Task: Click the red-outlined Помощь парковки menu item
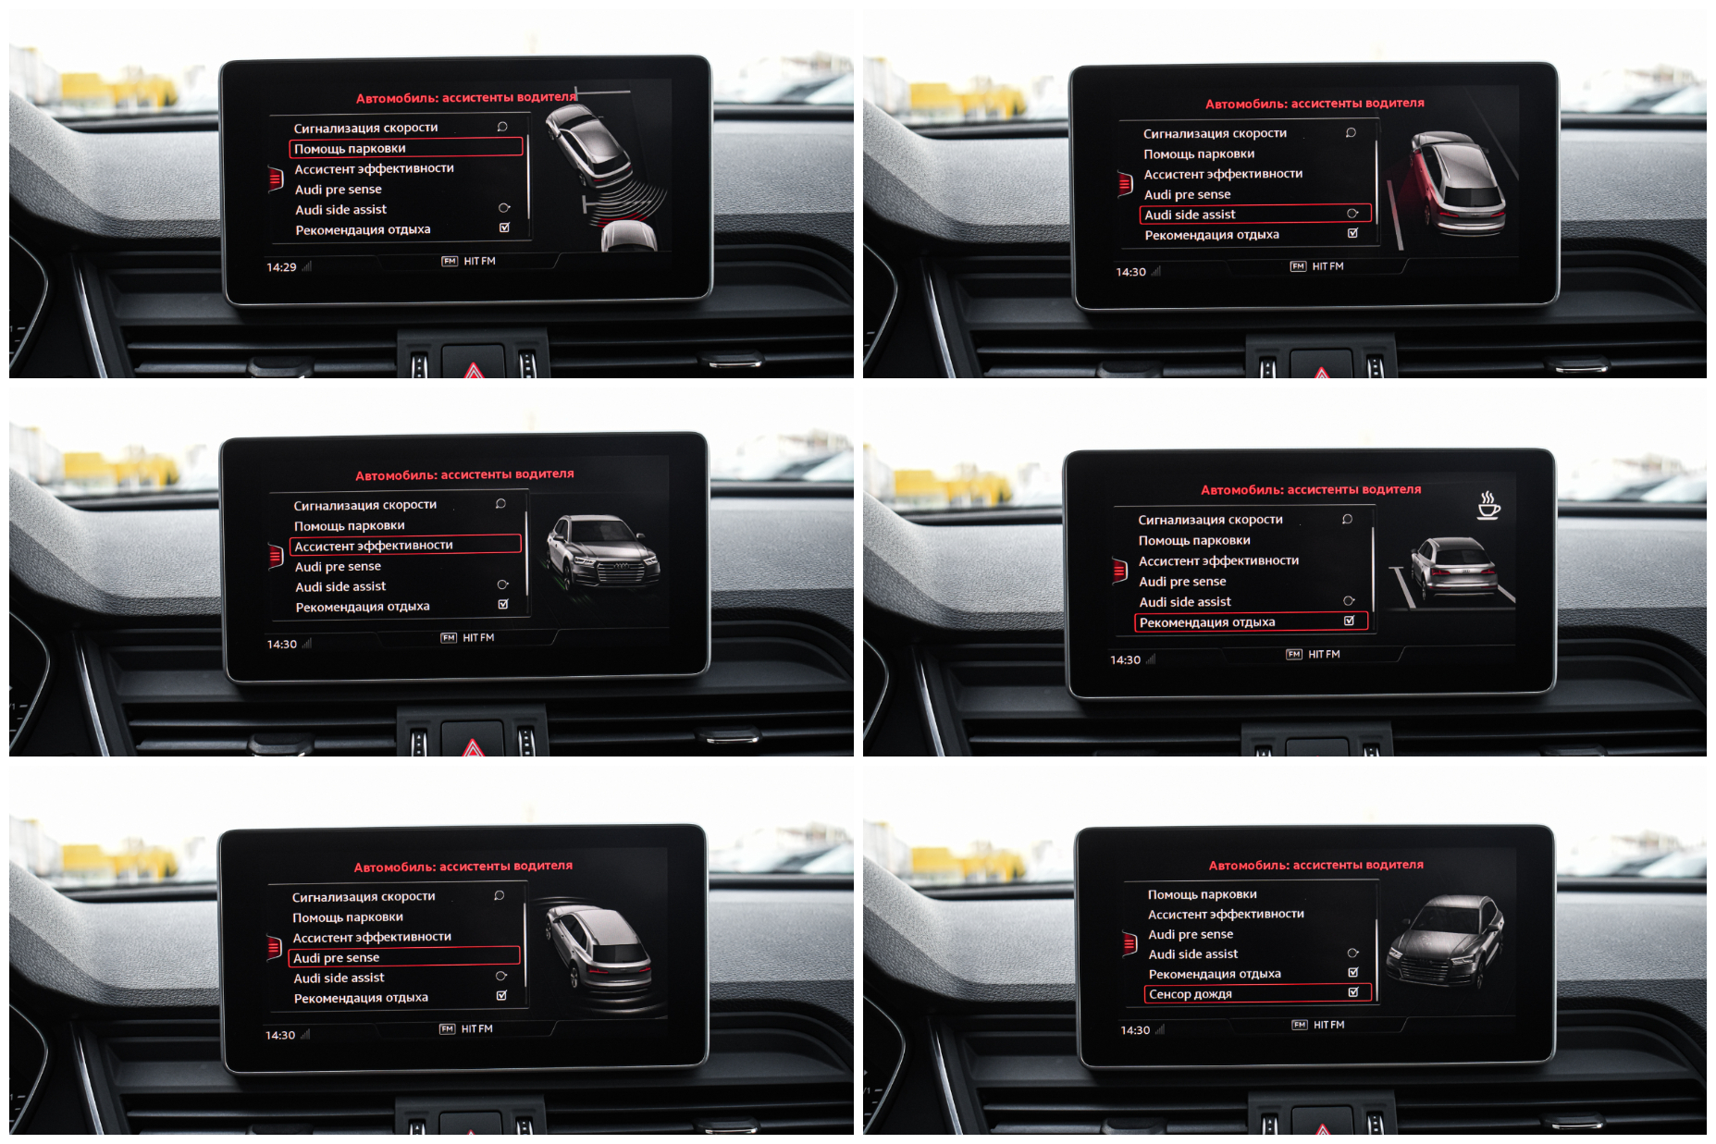(406, 148)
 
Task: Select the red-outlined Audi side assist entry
(1255, 215)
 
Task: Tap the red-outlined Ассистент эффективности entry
(405, 546)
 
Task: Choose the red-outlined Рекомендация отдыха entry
(1251, 622)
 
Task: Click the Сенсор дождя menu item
(1258, 994)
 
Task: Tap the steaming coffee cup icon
(1488, 505)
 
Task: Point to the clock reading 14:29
(281, 267)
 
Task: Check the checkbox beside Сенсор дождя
(1353, 992)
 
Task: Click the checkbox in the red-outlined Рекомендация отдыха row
(1349, 621)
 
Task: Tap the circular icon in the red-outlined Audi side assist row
(1352, 214)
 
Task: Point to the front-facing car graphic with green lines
(602, 552)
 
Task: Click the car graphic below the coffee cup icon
(1452, 568)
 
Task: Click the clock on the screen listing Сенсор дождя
(1135, 1030)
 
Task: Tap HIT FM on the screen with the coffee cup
(1324, 655)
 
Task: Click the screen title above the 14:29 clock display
(466, 97)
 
